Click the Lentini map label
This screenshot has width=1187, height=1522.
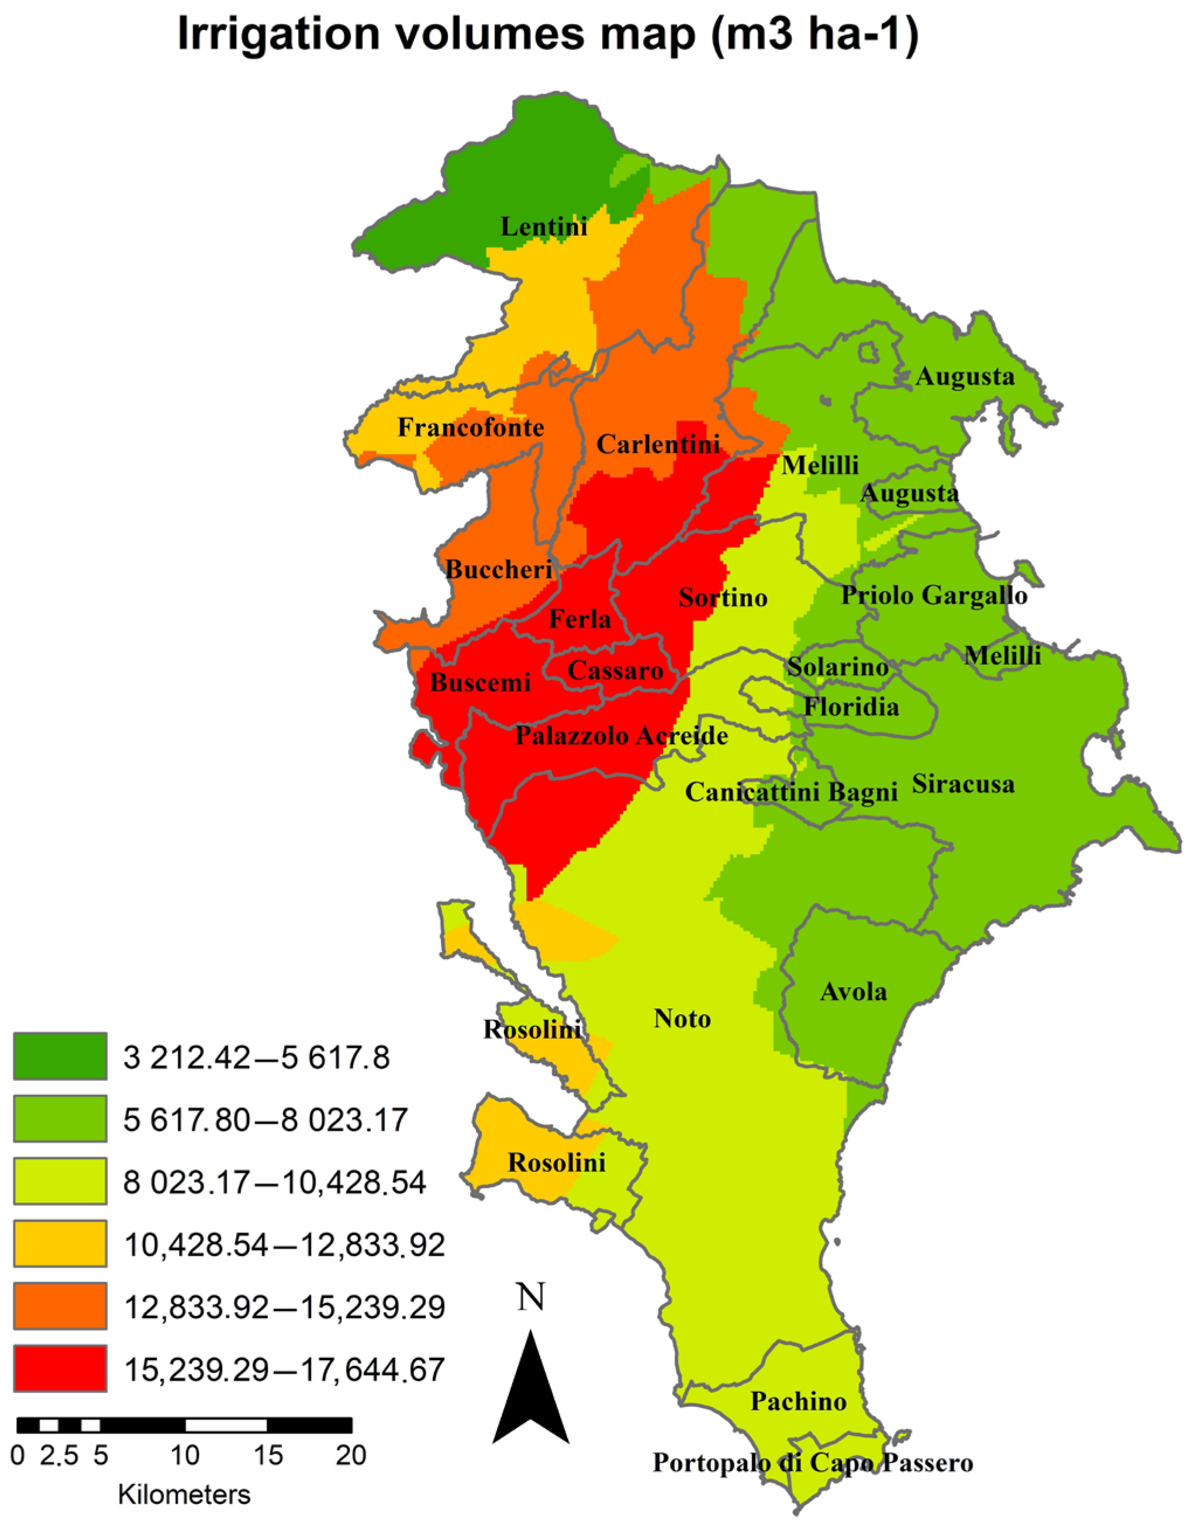point(544,227)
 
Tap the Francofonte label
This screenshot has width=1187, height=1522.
point(471,427)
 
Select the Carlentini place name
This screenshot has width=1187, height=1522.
point(657,444)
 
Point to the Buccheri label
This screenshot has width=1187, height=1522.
point(498,569)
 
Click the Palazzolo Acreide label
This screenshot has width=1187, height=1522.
point(621,736)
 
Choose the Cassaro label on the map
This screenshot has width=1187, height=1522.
point(615,670)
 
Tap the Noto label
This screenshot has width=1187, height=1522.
point(682,1019)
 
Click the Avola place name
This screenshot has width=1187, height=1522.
point(853,992)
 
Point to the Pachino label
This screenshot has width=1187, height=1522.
point(798,1402)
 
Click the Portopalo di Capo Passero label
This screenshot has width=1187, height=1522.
point(812,1463)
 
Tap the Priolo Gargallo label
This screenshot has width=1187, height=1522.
point(934,595)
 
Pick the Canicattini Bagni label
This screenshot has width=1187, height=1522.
point(791,791)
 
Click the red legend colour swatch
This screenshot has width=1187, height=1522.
point(60,1368)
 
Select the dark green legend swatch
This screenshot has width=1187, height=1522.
point(60,1057)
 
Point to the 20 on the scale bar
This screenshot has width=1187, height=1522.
point(351,1455)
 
